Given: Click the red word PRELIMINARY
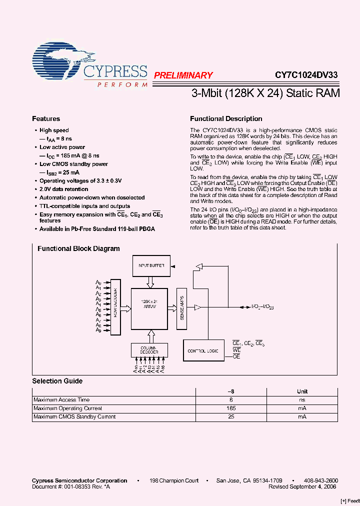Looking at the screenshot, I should [x=183, y=75].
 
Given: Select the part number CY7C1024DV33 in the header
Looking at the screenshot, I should [x=306, y=75].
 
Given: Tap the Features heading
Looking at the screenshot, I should [x=46, y=119].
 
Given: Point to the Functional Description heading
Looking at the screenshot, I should [x=226, y=119].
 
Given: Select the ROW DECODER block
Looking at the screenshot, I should [x=115, y=306].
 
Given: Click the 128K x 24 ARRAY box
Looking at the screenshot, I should [x=149, y=308].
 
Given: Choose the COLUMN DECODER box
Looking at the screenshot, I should [x=149, y=350].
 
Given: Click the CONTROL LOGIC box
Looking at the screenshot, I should [x=203, y=351].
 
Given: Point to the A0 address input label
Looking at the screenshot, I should [x=98, y=283].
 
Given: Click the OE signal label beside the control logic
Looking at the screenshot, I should [x=236, y=356].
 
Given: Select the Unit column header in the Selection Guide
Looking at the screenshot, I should [x=302, y=391].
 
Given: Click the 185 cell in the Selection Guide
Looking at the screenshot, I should [x=231, y=408].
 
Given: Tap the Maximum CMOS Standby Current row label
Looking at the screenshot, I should [x=74, y=417].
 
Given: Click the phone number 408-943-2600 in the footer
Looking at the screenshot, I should [x=321, y=480].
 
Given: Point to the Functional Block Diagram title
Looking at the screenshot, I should [x=78, y=248].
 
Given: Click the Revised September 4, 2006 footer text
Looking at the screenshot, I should [x=302, y=486].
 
